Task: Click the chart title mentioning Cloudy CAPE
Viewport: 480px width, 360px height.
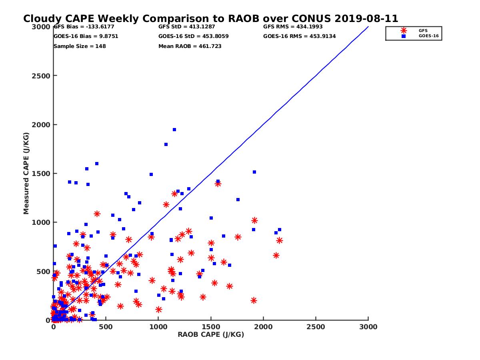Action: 210,19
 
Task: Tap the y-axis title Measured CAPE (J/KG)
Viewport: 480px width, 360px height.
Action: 26,173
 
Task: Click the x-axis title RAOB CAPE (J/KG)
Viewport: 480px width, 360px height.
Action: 211,335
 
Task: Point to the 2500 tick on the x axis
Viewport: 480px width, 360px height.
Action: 316,327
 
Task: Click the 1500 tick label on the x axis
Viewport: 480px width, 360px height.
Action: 211,327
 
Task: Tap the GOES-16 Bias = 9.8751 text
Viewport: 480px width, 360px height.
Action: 86,36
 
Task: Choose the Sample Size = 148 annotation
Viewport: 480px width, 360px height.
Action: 80,46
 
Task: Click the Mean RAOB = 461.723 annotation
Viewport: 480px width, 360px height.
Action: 190,46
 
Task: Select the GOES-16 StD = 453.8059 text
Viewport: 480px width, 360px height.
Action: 190,36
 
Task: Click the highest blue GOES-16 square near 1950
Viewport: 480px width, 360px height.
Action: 174,130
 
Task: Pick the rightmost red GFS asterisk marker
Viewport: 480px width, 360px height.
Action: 279,240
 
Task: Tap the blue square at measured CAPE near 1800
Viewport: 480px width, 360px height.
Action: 166,144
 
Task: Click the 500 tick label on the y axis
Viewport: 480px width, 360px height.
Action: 43,272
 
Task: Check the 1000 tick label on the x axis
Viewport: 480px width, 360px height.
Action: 158,327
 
